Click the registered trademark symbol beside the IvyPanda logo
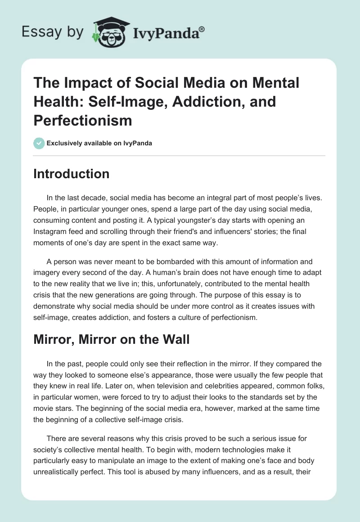tap(202, 28)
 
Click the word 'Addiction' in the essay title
tap(207, 102)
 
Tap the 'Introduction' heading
tap(71, 174)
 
